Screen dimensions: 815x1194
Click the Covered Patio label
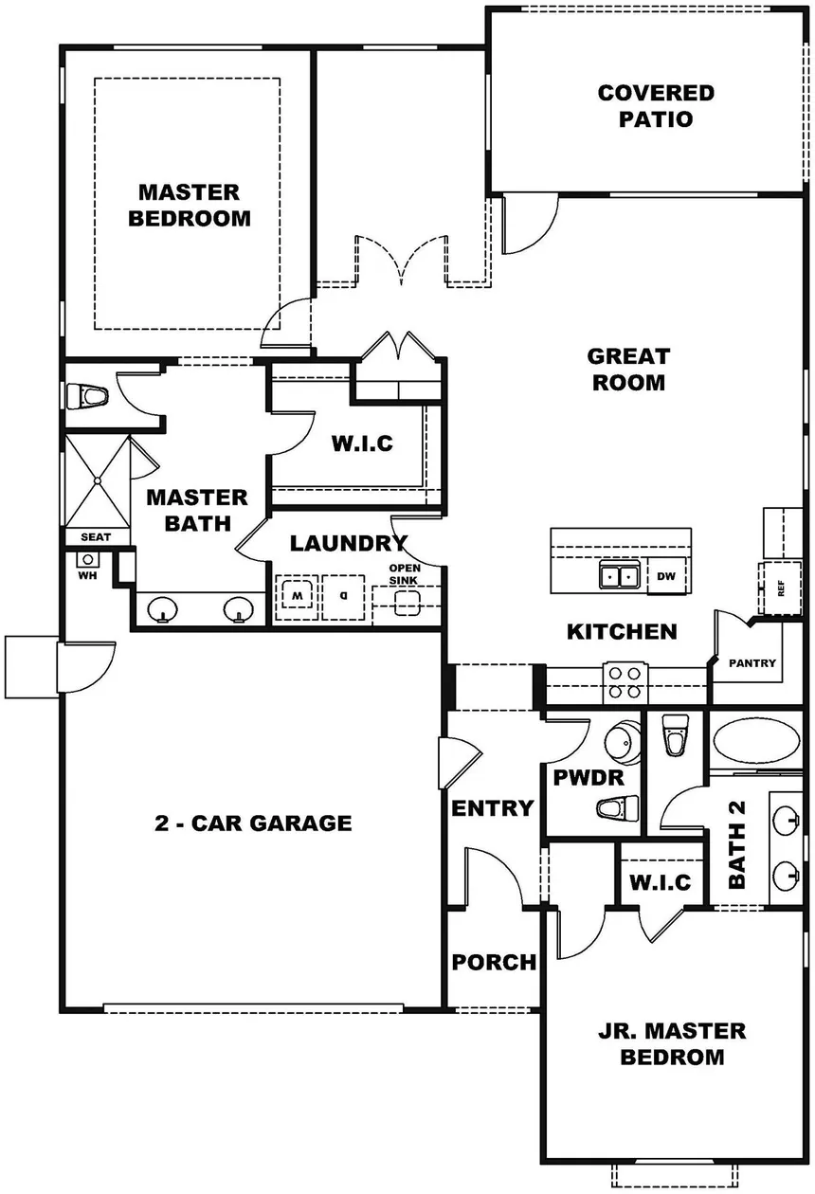click(x=656, y=105)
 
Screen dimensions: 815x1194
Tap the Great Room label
click(x=628, y=369)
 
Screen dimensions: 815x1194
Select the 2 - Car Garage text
click(x=253, y=823)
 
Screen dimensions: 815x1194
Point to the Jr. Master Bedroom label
click(x=672, y=1043)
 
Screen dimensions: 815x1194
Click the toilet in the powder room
click(x=618, y=808)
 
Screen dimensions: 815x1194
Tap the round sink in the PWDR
click(x=623, y=741)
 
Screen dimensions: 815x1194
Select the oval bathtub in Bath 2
click(x=756, y=741)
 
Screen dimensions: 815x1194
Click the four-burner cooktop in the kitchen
click(x=625, y=682)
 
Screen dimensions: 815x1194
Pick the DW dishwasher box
click(x=666, y=576)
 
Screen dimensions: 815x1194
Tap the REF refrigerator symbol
click(x=780, y=588)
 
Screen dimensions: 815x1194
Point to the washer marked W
click(x=297, y=597)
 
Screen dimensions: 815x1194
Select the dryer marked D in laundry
click(x=343, y=597)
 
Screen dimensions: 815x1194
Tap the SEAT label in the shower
click(x=96, y=536)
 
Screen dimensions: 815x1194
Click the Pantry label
click(x=752, y=663)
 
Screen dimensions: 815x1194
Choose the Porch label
click(x=494, y=962)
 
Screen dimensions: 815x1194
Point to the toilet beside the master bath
click(x=87, y=396)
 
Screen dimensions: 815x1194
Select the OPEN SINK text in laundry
click(x=404, y=573)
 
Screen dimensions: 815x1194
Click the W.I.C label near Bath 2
click(x=660, y=882)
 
